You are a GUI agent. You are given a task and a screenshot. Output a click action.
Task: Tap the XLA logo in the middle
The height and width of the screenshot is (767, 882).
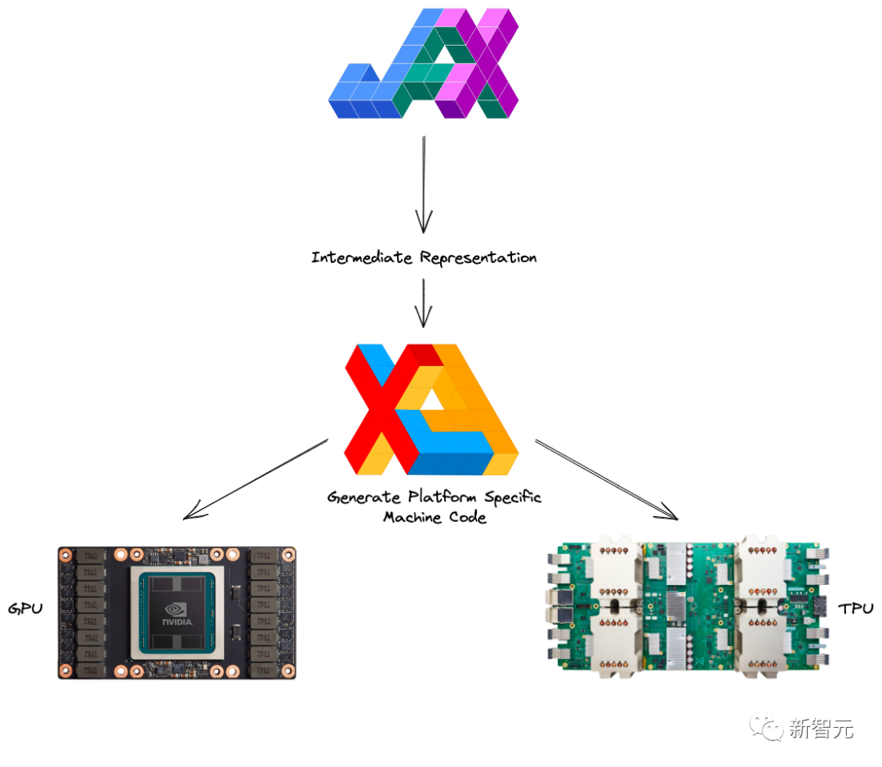coord(431,410)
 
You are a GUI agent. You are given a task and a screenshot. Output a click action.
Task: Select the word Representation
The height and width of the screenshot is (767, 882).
coord(479,258)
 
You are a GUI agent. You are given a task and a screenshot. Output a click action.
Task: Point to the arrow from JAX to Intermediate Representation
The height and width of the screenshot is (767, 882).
coord(424,184)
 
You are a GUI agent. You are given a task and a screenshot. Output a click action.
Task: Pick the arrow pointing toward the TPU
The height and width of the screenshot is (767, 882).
coord(606,479)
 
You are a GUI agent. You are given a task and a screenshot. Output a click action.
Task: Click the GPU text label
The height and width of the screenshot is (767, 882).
coord(24,609)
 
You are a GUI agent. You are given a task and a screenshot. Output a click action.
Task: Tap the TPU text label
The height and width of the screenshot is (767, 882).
coord(855,609)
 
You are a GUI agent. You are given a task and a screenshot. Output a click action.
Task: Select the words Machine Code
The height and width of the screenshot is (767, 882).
coord(434,517)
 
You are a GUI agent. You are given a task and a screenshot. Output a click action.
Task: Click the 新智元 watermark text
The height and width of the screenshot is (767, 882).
coord(822,728)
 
